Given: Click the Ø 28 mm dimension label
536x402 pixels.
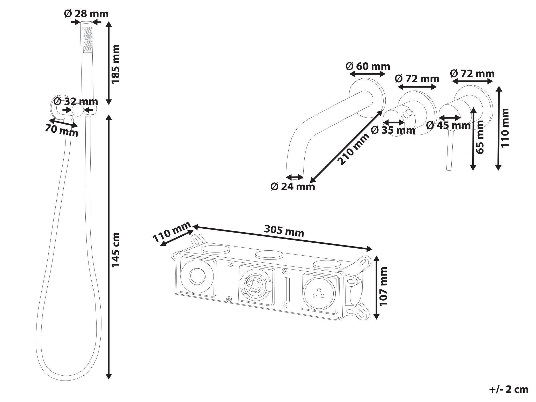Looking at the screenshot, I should (x=86, y=14).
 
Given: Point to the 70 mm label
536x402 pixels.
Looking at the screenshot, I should (x=61, y=130).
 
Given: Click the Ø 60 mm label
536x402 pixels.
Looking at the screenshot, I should (x=368, y=66).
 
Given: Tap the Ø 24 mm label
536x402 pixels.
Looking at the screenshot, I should (x=293, y=187).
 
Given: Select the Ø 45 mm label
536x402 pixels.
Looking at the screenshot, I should (x=448, y=125).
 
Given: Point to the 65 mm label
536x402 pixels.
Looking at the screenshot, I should (x=480, y=137).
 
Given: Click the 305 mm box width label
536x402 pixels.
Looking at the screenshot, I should (x=284, y=231).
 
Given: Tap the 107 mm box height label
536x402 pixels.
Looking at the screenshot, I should (x=383, y=286).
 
